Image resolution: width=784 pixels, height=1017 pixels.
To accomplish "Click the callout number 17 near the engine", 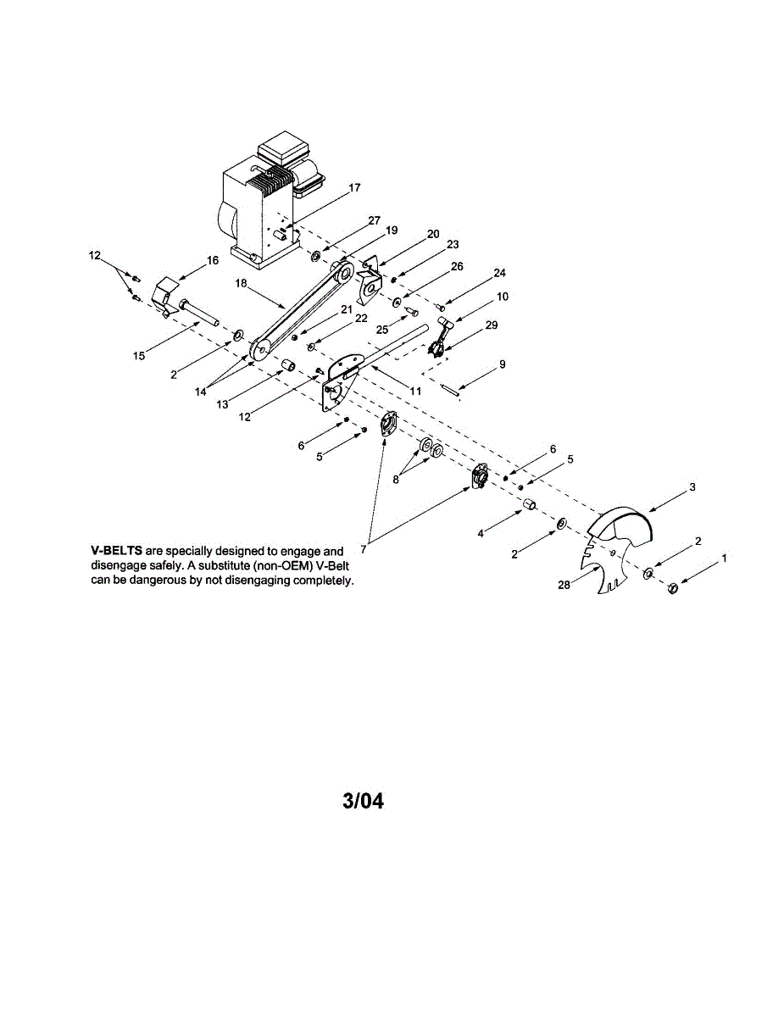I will pos(354,187).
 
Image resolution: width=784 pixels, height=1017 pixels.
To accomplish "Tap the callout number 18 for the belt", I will pos(242,284).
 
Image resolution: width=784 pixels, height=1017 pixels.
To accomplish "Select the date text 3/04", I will pos(363,801).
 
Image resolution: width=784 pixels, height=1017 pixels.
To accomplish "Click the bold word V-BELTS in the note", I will pos(116,552).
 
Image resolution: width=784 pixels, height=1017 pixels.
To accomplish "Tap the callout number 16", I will pos(212,260).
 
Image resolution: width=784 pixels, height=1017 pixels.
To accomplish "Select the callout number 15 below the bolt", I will pos(139,356).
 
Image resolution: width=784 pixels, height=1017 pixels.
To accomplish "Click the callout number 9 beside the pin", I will pos(502,364).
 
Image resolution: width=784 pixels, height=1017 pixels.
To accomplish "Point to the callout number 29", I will pos(491,325).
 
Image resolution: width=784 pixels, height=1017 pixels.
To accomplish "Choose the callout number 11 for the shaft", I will pos(415,391).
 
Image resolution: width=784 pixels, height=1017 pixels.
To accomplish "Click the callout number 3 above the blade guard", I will pos(692,487).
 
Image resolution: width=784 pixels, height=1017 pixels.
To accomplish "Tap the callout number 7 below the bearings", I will pos(363,550).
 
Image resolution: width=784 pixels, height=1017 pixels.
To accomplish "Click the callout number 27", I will pos(374,220).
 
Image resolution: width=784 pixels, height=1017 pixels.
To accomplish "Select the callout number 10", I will pos(503,297).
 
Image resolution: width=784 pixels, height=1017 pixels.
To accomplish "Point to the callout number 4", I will pos(480,534).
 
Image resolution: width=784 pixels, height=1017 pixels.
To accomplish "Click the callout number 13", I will pos(222,404).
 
